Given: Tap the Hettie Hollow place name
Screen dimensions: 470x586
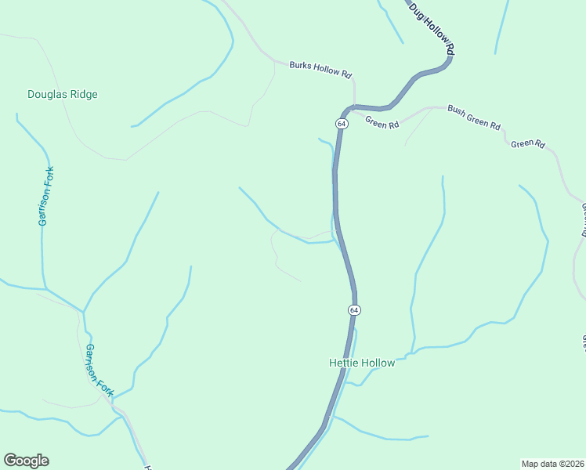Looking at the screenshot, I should [x=361, y=363].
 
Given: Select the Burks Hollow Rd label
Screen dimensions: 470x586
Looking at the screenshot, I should [x=320, y=69].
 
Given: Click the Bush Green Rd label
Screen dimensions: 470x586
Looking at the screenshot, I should [x=474, y=117].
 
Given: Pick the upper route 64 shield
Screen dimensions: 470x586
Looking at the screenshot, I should [x=342, y=124].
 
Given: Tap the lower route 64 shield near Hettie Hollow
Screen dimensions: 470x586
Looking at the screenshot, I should [x=354, y=310].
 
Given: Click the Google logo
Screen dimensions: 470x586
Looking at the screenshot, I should [x=26, y=461].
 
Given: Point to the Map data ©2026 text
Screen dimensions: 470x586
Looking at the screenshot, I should [x=553, y=464].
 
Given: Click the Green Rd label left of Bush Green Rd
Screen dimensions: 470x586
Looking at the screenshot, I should [x=382, y=124].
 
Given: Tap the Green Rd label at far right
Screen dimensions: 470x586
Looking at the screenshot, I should [x=528, y=143].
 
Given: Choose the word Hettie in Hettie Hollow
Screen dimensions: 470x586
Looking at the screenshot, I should [x=342, y=363].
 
